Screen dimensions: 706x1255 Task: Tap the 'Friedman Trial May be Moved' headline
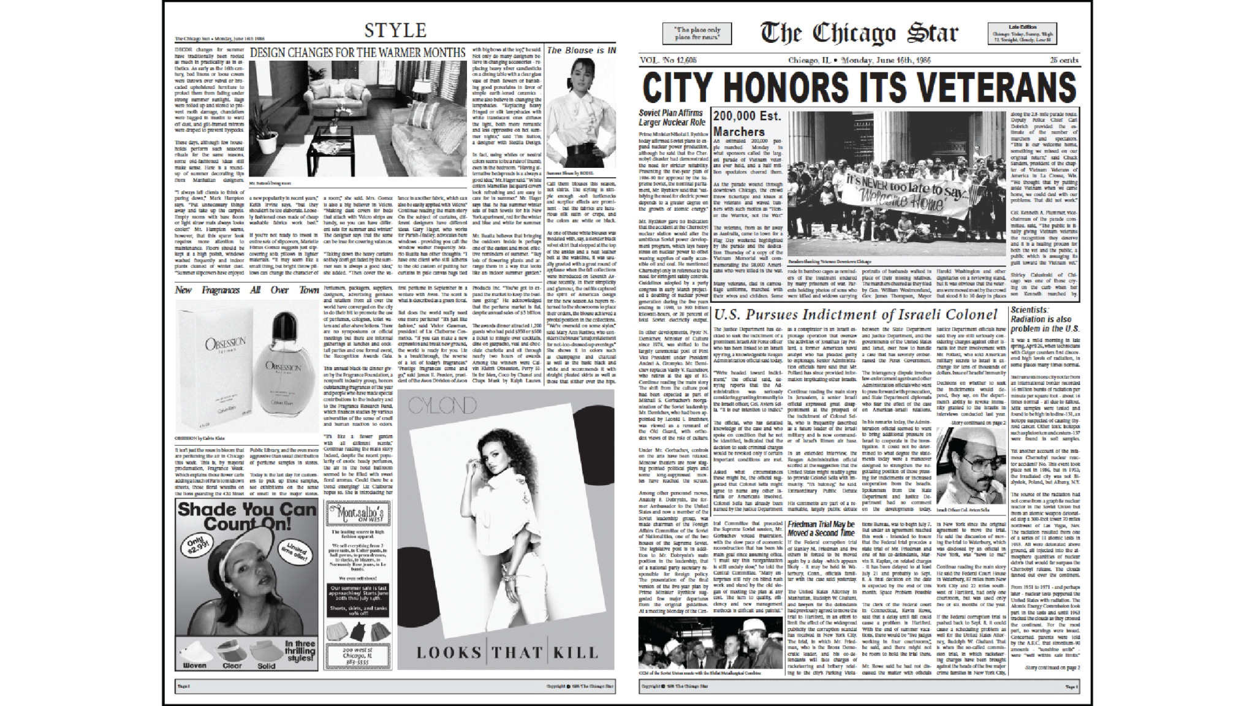point(821,529)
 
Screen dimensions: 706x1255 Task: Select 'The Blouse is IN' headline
point(582,50)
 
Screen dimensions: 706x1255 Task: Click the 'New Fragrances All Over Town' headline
point(247,290)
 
